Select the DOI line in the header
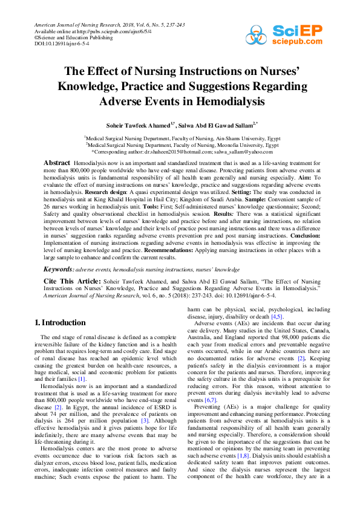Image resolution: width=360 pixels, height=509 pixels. coord(62,44)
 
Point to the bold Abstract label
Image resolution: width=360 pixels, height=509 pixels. coord(57,164)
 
